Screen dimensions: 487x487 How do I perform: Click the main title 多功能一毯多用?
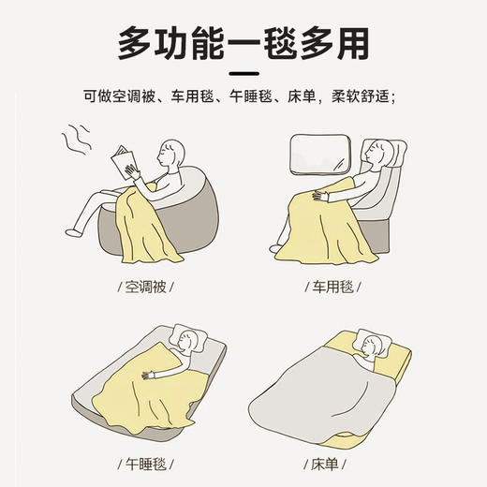(x=243, y=41)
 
